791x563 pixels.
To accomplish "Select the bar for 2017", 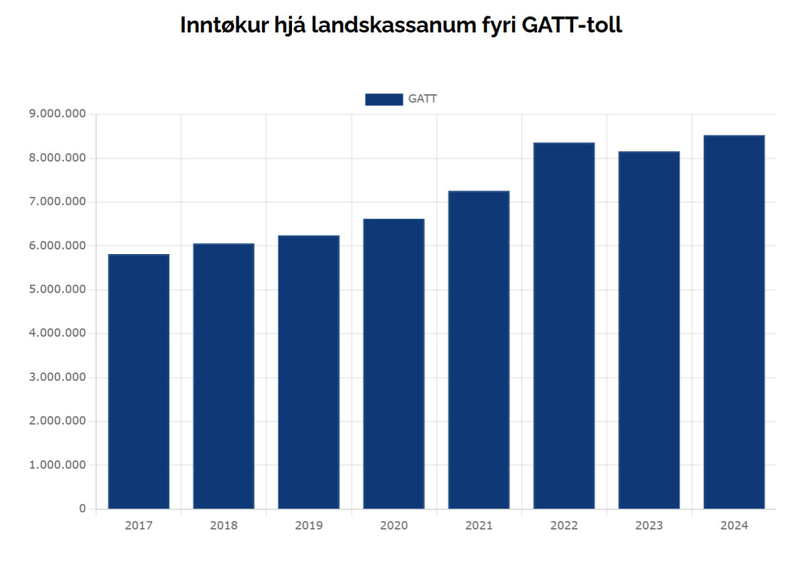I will point(138,382).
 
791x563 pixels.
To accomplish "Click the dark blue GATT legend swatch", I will point(384,99).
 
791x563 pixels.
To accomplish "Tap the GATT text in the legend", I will point(423,99).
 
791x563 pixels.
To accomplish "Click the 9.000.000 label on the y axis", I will point(57,114).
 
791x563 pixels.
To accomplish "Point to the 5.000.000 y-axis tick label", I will point(57,290).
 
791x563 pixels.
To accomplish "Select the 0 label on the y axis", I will point(82,509).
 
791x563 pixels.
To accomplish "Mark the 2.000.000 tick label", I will point(57,421).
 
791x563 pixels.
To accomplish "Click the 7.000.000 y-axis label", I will point(57,202).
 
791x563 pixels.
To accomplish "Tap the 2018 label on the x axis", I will point(223,526).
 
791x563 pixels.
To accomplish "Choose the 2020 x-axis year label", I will point(394,526).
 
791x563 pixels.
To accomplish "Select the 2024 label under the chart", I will point(734,526).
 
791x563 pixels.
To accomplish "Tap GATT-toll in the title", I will point(572,25).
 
